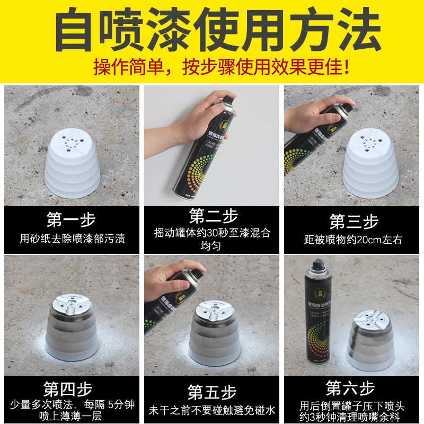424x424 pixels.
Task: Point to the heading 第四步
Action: (72, 390)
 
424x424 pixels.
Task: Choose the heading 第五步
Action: (212, 392)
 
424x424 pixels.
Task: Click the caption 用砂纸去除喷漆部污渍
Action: (72, 238)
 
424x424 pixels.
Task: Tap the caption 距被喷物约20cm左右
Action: (353, 240)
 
